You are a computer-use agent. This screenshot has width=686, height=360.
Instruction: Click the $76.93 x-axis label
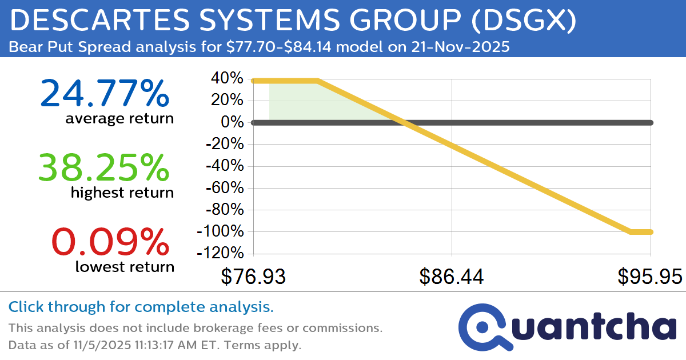pyautogui.click(x=253, y=277)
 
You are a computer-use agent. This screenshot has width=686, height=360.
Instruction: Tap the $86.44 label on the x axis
pyautogui.click(x=452, y=277)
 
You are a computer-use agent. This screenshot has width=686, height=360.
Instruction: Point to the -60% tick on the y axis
pyautogui.click(x=222, y=188)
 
